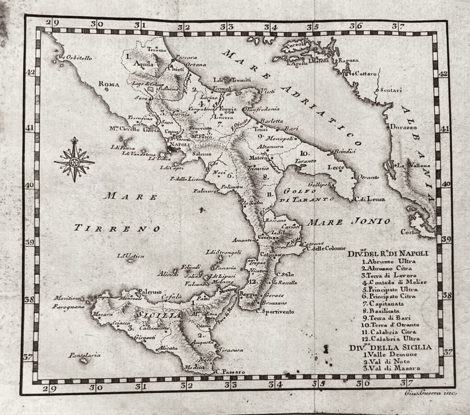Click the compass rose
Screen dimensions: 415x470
[74, 160]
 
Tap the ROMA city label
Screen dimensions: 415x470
[108, 84]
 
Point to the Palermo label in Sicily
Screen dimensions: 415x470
[150, 292]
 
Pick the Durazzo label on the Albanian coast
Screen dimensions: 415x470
[403, 127]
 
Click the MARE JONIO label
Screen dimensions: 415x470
[348, 222]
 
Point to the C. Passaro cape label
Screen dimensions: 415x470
[230, 371]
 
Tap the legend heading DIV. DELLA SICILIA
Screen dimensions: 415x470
[390, 347]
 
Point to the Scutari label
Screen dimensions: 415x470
[391, 90]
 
